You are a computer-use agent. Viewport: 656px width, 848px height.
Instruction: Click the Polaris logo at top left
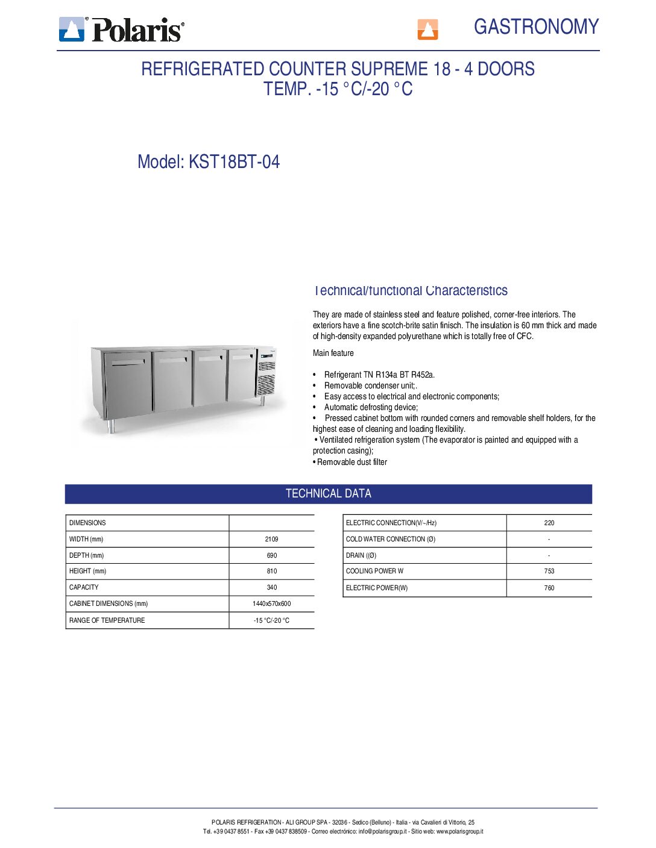[x=121, y=29]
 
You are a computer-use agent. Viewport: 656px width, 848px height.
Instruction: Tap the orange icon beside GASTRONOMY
[x=427, y=29]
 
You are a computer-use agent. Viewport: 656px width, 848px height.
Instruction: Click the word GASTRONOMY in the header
[x=536, y=27]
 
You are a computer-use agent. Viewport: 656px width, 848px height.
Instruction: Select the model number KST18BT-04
[x=234, y=162]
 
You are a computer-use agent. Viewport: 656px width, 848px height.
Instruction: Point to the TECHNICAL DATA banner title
[x=328, y=494]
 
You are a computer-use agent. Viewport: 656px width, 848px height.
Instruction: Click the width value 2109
[x=271, y=539]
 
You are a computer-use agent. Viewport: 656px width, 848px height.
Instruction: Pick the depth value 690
[x=271, y=555]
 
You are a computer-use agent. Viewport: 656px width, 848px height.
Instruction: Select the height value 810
[x=271, y=571]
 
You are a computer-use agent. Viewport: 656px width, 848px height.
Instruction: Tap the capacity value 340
[x=271, y=587]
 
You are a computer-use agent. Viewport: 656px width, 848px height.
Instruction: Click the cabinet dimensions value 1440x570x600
[x=271, y=603]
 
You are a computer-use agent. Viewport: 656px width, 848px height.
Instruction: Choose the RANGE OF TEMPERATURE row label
[x=107, y=620]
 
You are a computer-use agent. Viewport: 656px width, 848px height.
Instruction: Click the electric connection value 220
[x=549, y=523]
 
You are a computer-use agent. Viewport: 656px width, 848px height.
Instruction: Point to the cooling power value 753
[x=549, y=571]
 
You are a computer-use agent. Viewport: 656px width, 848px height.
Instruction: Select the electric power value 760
[x=549, y=588]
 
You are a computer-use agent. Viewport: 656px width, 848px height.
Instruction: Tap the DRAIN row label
[x=361, y=555]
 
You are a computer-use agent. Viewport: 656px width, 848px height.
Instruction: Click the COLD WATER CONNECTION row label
[x=390, y=539]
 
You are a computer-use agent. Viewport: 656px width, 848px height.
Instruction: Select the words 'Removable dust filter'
[x=352, y=462]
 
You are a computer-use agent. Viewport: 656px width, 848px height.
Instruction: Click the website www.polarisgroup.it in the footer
[x=459, y=831]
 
